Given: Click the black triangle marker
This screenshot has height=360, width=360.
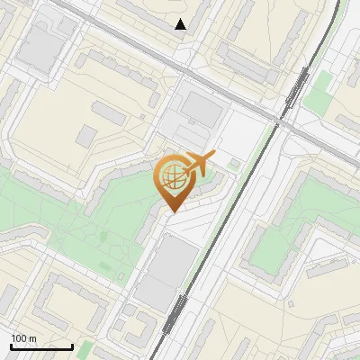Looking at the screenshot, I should point(181,24).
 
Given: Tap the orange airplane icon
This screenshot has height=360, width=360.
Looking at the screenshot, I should point(198,163).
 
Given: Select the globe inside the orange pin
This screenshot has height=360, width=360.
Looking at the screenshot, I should point(171,175).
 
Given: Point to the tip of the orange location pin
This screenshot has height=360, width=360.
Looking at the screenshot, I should point(171,212).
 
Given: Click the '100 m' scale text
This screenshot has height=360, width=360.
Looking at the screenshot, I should point(23,338).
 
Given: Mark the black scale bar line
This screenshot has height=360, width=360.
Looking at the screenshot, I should point(41,346).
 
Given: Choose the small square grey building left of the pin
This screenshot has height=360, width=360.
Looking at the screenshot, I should point(86,136).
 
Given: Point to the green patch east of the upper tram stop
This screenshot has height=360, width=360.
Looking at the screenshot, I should point(317,97).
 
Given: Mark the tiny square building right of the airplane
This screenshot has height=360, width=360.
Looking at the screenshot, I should point(234,164).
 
